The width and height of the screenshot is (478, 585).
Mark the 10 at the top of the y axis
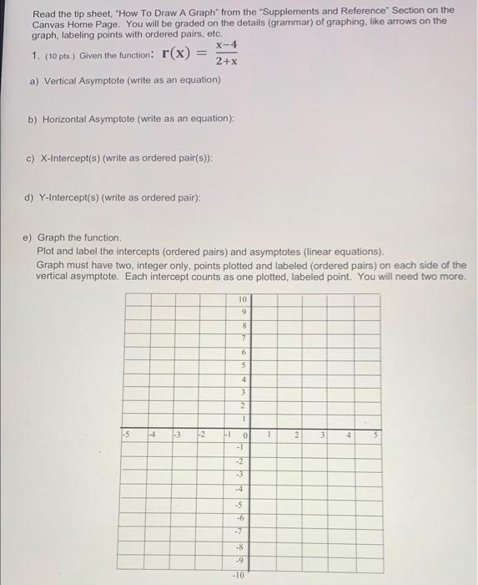click(x=242, y=298)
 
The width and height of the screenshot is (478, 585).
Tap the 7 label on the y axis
click(x=243, y=338)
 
